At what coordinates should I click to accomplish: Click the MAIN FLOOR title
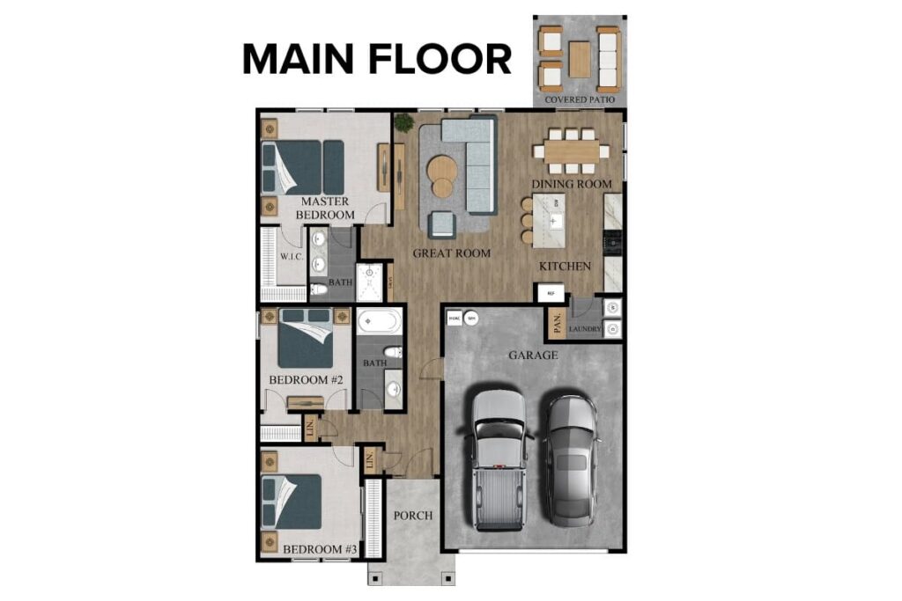pos(376,58)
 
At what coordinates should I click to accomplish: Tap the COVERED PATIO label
pos(580,99)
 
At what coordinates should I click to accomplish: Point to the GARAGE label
pos(533,355)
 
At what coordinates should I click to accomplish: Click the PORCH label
pos(412,515)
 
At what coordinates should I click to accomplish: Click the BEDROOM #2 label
pos(305,380)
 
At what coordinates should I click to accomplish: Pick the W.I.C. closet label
pos(292,257)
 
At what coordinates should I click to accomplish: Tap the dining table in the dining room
pos(572,150)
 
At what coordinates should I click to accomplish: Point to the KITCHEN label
pos(566,266)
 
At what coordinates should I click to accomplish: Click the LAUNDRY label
pos(585,330)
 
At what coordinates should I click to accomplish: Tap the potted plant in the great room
pos(404,123)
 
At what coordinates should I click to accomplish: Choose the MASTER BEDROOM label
pos(324,208)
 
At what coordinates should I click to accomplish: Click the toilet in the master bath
pos(319,288)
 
